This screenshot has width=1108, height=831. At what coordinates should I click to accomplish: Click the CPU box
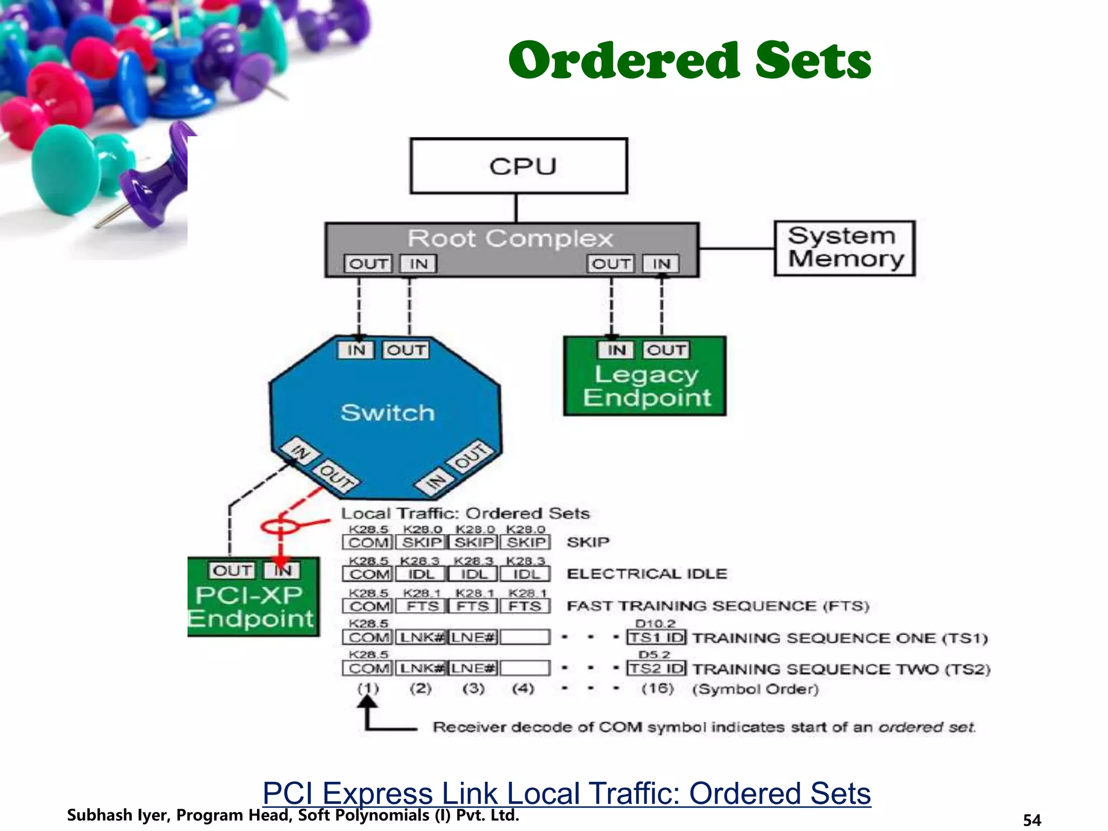(x=518, y=166)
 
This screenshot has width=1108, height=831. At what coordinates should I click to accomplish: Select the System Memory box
(x=844, y=248)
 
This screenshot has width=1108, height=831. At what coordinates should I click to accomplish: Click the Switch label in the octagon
(x=387, y=413)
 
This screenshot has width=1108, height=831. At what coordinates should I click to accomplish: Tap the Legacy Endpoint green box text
(x=646, y=386)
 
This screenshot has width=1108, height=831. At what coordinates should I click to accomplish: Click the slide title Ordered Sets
(x=690, y=61)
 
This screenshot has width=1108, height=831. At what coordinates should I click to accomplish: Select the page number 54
(x=1032, y=820)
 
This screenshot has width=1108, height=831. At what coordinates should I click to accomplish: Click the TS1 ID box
(x=656, y=637)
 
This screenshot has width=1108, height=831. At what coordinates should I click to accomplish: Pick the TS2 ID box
(x=656, y=669)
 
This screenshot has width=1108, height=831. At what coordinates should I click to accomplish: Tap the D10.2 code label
(x=655, y=624)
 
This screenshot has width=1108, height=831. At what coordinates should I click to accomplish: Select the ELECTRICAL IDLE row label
(x=647, y=573)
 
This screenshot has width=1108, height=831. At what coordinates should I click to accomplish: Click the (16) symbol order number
(x=657, y=689)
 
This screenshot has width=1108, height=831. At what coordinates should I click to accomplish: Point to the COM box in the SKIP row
(x=368, y=543)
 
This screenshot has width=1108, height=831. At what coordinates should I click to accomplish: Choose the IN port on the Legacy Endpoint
(x=616, y=350)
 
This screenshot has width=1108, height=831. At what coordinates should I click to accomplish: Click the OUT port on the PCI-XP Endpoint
(x=232, y=570)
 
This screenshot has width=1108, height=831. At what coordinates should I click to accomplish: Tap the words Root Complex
(x=510, y=239)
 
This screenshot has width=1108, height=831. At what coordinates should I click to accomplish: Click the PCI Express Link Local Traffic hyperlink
(x=566, y=793)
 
